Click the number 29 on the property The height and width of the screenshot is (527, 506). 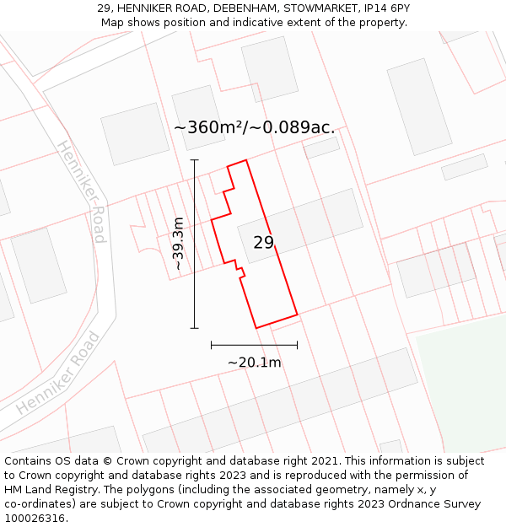tap(264, 243)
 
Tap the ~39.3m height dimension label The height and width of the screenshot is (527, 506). tap(178, 244)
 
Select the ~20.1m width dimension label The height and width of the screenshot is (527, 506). tap(254, 363)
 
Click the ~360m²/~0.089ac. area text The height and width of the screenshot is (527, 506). tap(254, 128)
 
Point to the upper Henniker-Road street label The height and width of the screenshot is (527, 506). tap(82, 192)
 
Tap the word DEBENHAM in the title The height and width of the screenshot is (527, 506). tap(245, 8)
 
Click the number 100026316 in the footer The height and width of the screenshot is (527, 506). tap(34, 519)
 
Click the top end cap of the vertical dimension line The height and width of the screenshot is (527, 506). tap(194, 159)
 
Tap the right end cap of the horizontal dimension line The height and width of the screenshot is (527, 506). tap(297, 345)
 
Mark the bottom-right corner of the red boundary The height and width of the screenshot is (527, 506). tap(298, 315)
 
